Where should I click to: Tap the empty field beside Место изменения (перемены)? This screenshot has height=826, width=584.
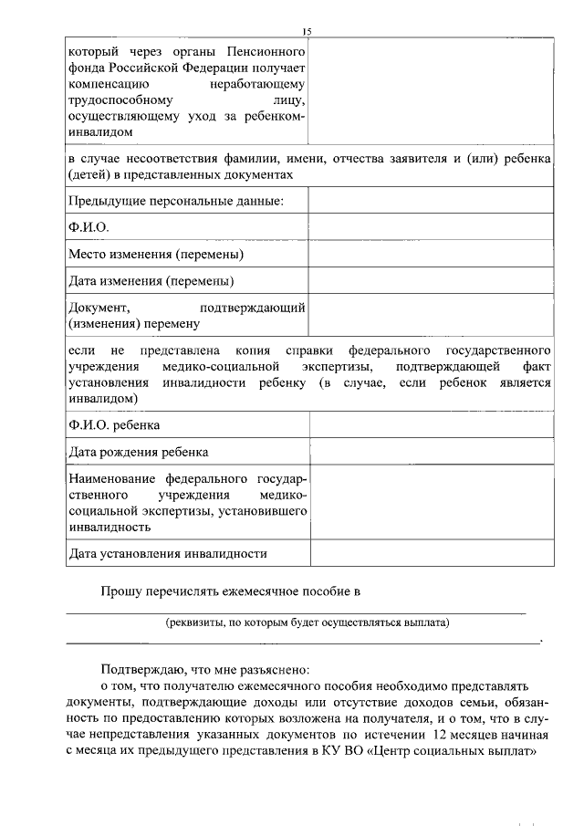[x=430, y=253]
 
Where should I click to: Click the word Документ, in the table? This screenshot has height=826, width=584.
[x=100, y=308]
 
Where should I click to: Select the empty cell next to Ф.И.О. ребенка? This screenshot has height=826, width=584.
[x=430, y=425]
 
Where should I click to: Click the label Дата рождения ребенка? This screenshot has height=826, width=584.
[x=138, y=452]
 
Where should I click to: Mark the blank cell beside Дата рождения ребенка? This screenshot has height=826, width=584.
[x=430, y=452]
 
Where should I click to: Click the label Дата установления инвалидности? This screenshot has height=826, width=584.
[x=168, y=553]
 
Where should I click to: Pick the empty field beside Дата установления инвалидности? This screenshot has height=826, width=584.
[x=430, y=553]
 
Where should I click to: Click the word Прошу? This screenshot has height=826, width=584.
[x=120, y=591]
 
